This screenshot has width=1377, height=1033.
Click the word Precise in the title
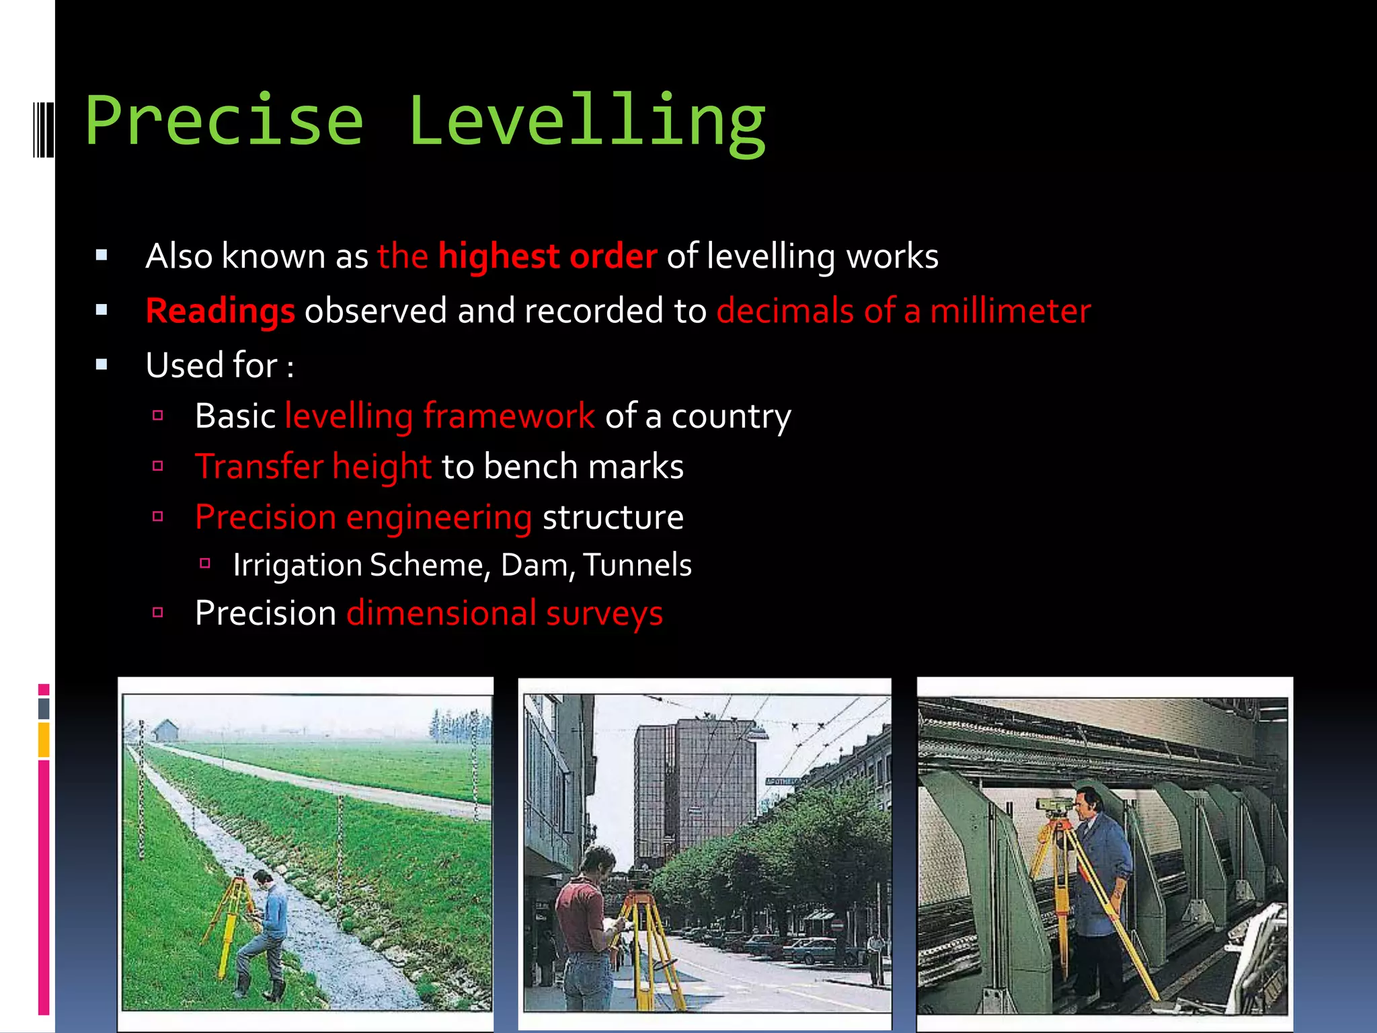click(x=225, y=121)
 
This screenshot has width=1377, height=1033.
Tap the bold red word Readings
click(x=221, y=311)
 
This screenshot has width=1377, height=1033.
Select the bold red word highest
click(x=499, y=257)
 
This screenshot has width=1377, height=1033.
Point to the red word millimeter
click(x=1010, y=311)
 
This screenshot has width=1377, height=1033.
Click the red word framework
click(x=509, y=416)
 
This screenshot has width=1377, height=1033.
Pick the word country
click(x=731, y=416)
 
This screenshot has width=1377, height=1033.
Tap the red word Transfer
click(x=259, y=467)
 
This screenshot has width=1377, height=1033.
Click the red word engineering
click(x=439, y=518)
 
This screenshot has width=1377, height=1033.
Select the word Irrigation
click(x=298, y=565)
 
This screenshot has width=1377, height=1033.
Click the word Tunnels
click(x=637, y=565)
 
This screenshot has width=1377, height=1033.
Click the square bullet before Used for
click(x=102, y=365)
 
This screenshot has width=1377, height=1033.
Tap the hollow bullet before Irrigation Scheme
click(x=206, y=564)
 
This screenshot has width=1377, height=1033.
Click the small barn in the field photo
click(x=165, y=730)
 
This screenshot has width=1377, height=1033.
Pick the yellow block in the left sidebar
click(x=44, y=740)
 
